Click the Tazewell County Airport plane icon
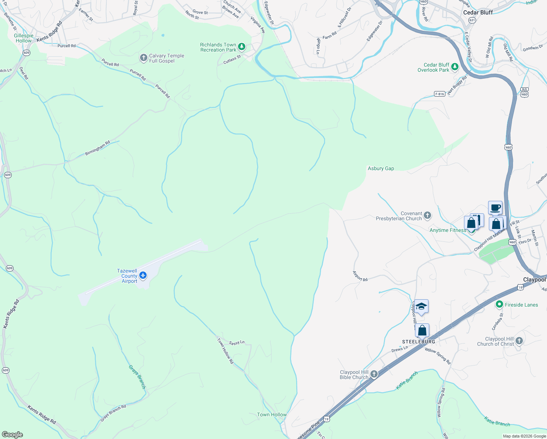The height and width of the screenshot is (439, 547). (143, 275)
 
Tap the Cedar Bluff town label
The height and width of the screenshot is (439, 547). (478, 12)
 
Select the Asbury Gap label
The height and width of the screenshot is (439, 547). (381, 168)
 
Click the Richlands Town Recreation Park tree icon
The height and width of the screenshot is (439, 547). (241, 47)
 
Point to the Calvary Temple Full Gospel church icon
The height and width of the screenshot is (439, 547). (144, 58)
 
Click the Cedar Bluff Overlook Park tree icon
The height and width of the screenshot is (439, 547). (454, 67)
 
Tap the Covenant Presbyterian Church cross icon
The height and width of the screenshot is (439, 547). (427, 215)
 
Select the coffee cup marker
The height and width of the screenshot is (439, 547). (495, 208)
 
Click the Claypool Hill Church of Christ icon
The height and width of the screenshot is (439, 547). (519, 341)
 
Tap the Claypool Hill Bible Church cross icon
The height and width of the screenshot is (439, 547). (374, 374)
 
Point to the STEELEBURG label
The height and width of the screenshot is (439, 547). (419, 341)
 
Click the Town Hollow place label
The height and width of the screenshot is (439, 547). (272, 414)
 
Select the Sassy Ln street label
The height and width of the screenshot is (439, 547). (237, 343)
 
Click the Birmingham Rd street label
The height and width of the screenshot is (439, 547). (98, 148)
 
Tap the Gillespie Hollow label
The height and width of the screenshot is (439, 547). (24, 38)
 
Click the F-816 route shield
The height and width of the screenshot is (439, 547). (440, 94)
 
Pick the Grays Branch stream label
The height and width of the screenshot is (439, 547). (137, 377)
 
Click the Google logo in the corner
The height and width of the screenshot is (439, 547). (12, 434)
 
